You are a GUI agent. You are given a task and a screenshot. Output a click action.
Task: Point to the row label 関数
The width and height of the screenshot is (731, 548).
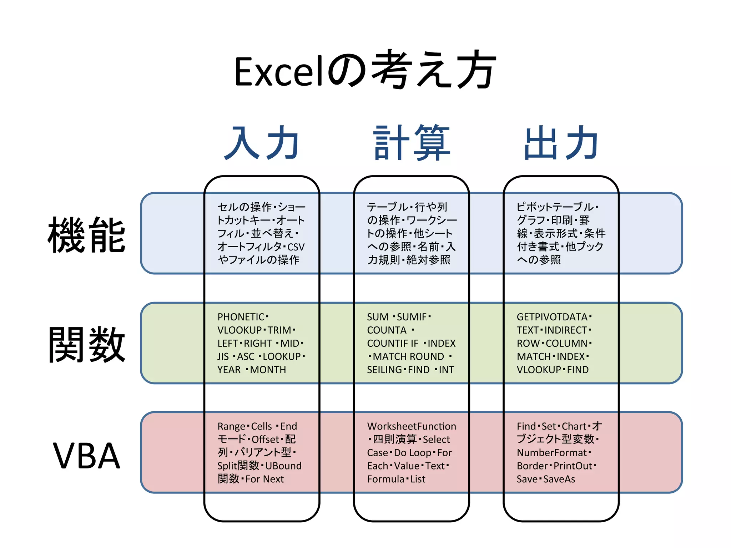87,345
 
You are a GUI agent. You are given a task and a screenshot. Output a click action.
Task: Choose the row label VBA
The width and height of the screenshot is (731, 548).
87,456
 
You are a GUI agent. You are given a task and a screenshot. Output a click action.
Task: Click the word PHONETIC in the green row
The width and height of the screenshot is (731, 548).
241,317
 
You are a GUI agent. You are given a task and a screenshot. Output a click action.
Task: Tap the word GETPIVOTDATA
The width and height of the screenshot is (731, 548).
552,317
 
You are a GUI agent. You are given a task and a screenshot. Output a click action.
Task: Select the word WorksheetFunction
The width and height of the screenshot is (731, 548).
412,426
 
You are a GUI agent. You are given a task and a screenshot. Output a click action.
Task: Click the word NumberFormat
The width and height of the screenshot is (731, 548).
551,453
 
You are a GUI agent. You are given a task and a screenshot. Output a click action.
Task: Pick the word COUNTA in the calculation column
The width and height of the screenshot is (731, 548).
387,330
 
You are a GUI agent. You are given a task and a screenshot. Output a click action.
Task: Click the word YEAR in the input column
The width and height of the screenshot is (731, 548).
229,370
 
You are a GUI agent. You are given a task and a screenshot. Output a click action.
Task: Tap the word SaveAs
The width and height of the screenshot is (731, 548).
559,479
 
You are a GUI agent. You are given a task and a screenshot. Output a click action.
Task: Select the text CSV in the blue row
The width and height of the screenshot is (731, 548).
296,247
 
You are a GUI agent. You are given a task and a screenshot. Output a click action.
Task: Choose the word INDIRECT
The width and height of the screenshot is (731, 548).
566,330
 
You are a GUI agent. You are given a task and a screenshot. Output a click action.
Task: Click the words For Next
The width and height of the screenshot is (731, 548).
264,479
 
